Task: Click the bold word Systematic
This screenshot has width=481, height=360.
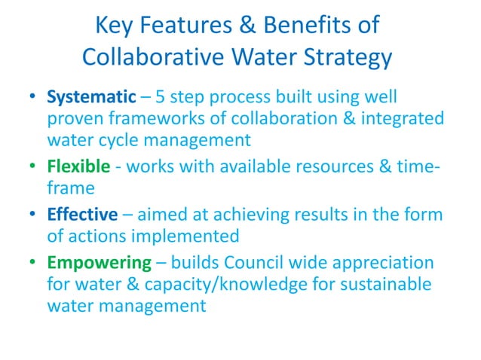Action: point(91,98)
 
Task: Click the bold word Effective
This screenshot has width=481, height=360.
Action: point(82,215)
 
